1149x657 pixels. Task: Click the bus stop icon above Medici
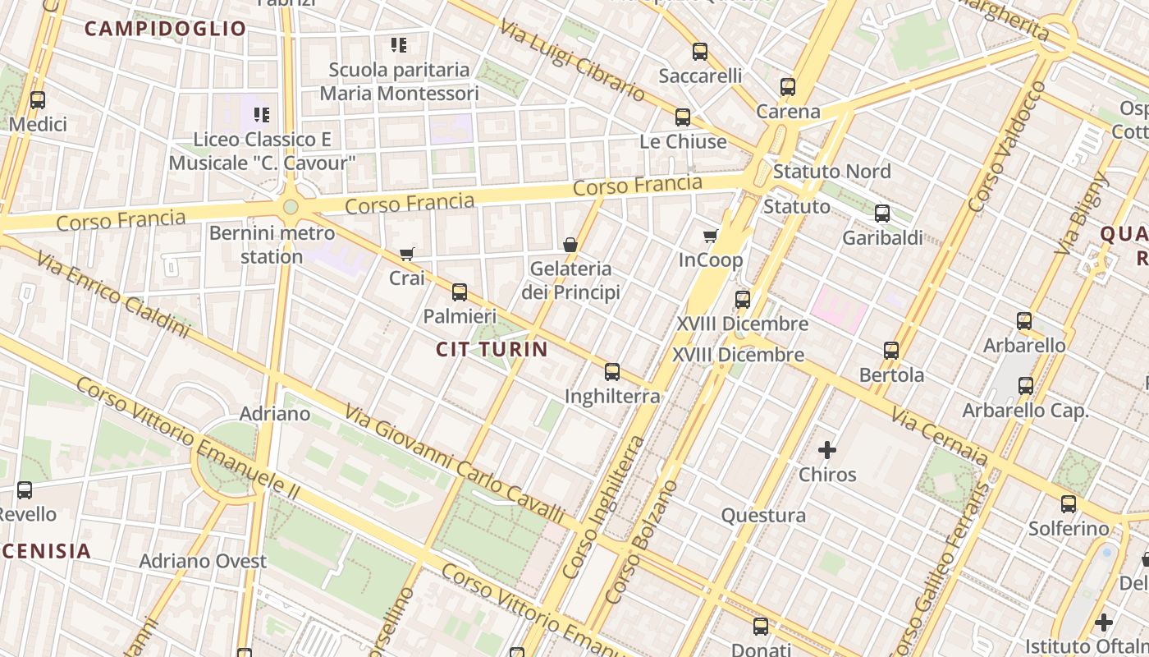pos(38,100)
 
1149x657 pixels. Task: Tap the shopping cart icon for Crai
pos(406,254)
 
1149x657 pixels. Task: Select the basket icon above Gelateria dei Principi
pos(570,244)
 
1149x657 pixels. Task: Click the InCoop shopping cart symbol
pos(710,237)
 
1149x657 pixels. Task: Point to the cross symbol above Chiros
pos(827,450)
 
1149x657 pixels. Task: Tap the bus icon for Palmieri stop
pos(460,292)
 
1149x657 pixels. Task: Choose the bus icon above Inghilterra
pos(612,371)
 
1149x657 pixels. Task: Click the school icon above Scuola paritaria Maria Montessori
pos(399,44)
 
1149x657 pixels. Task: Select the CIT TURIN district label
pos(492,349)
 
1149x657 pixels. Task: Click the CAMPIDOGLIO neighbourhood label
pos(165,29)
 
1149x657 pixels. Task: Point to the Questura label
pos(763,516)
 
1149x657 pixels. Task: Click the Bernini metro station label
pos(272,245)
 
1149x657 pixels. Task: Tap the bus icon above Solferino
pos(1069,504)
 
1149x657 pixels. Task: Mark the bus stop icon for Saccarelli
pos(700,52)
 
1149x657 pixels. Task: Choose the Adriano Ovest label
pos(203,562)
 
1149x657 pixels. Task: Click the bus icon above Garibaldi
pos(882,214)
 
